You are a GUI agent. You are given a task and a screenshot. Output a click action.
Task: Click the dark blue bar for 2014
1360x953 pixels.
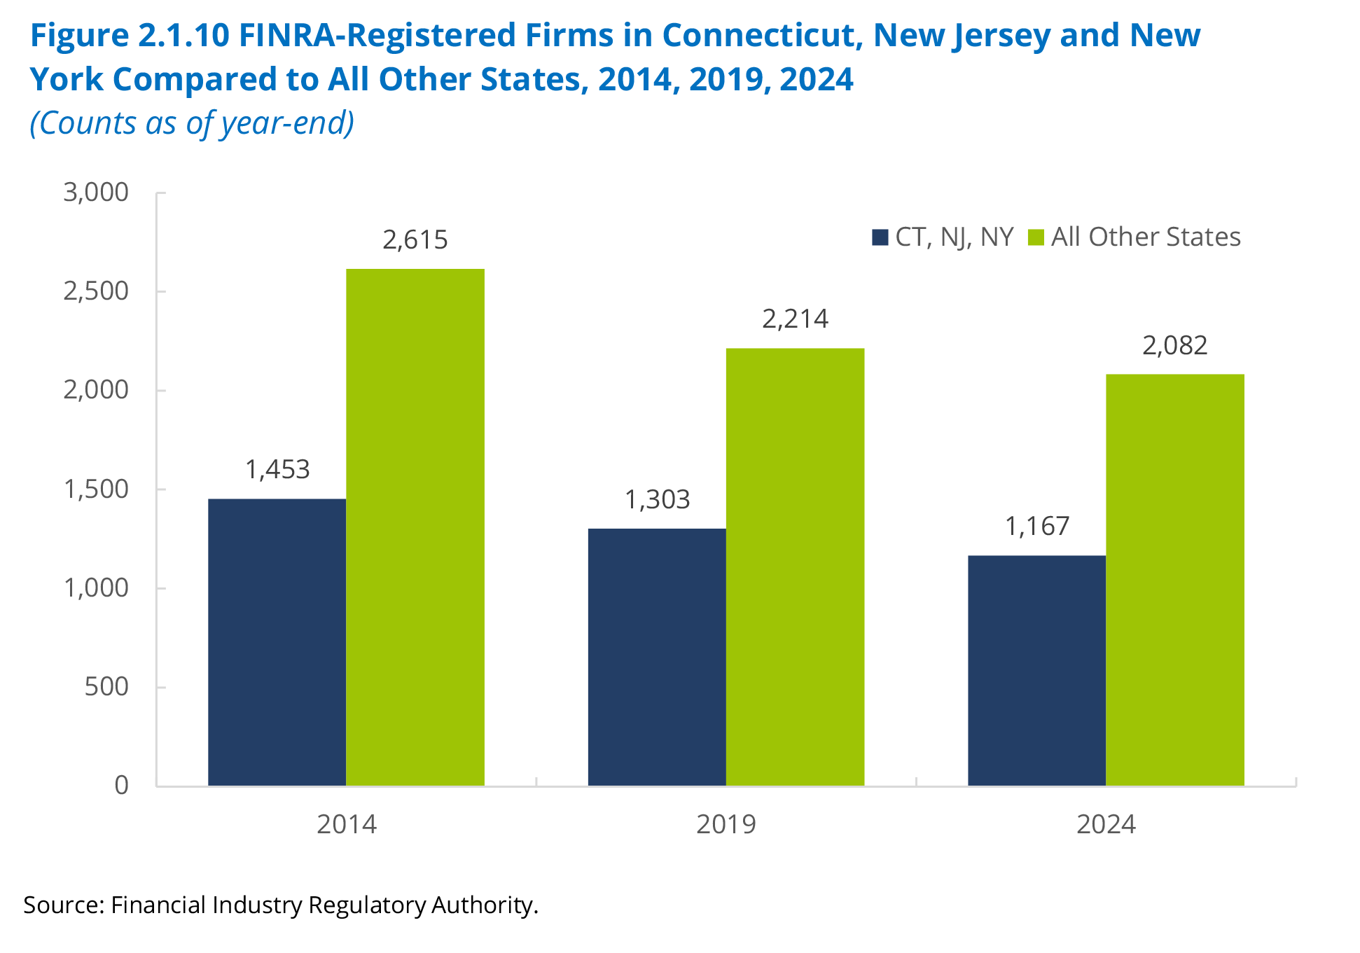277,642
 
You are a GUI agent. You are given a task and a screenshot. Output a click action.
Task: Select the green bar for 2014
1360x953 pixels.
415,527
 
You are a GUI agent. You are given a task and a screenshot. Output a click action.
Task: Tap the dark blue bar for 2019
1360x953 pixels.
657,657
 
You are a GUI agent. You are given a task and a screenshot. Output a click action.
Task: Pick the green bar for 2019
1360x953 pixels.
795,567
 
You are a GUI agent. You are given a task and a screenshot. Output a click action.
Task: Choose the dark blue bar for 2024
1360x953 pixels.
1036,671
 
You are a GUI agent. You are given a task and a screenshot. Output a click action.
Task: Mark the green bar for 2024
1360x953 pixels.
1175,580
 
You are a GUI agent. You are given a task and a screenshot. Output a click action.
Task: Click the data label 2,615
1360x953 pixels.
415,240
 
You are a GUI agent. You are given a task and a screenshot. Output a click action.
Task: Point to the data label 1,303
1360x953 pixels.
657,500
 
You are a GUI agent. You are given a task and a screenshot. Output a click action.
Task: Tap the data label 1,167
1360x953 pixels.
1037,527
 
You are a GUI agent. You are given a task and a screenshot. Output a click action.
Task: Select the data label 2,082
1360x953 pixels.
1175,346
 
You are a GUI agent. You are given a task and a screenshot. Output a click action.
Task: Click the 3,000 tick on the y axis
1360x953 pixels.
96,193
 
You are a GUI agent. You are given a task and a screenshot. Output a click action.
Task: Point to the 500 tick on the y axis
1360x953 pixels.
106,687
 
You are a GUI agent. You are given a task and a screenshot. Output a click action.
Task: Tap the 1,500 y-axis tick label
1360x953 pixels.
96,489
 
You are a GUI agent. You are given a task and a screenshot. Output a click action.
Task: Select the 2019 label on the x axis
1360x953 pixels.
726,825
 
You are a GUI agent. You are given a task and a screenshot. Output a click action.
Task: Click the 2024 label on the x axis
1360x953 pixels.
1106,825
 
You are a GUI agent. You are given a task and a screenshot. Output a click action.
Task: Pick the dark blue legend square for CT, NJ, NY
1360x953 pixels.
880,237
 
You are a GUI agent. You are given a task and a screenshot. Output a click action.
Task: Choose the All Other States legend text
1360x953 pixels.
1146,237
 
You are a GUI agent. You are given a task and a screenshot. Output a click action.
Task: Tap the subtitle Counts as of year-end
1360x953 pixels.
192,123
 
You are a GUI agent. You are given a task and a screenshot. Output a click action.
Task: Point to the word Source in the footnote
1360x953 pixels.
64,905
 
